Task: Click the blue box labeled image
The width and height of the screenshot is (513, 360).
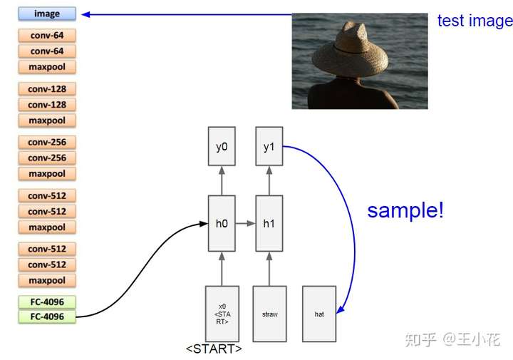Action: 47,14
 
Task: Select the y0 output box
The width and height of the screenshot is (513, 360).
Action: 222,147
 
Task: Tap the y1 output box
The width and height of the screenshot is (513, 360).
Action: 269,147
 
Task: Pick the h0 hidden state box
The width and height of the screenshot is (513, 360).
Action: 222,223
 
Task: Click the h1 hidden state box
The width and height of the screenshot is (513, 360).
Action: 269,223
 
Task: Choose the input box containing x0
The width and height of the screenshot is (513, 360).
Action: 222,314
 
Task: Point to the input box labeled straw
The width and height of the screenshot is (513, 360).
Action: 269,314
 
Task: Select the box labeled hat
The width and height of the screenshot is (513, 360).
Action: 318,314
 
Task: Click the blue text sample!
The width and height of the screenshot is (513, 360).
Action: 405,210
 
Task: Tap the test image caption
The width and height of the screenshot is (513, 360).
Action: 475,21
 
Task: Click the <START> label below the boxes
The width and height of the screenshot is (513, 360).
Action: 214,349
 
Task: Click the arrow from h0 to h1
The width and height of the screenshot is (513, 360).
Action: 245,223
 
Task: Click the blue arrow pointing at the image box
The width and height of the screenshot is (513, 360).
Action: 185,14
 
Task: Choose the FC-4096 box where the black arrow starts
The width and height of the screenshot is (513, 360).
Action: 47,317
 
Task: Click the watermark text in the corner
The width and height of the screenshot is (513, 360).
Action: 452,339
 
